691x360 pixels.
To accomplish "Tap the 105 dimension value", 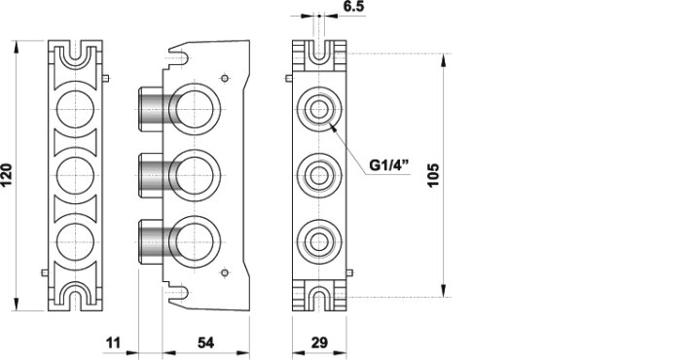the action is pos(434,175).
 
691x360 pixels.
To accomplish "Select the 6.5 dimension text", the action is pos(353,6).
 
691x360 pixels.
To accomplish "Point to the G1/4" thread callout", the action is pos(389,165).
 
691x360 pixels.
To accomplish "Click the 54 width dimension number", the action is pos(205,342).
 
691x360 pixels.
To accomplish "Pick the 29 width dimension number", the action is pos(319,342).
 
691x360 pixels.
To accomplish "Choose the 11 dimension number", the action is pos(113,342).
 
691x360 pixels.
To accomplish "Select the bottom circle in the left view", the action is pos(75,224).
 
